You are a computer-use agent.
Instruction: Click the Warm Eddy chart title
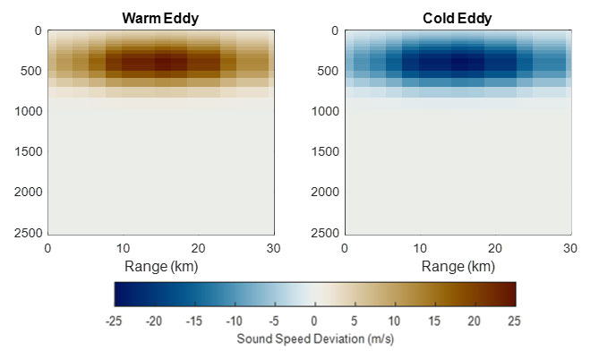[x=160, y=17]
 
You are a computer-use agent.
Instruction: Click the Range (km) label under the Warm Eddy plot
[x=160, y=266]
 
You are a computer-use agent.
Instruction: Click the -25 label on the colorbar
[x=114, y=321]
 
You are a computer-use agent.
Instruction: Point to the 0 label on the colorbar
[x=314, y=321]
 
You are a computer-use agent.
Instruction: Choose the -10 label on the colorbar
[x=234, y=321]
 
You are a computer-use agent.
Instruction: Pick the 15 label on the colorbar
[x=434, y=321]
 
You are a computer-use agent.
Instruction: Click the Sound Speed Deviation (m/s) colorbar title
[x=314, y=339]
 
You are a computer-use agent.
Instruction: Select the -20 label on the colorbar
[x=154, y=321]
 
